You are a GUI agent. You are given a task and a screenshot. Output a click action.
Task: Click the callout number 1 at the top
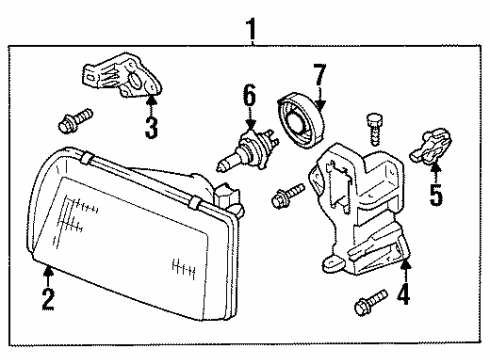click(x=251, y=29)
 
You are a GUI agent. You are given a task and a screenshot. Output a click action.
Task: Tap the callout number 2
click(x=48, y=299)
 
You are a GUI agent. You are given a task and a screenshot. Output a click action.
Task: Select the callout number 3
click(x=151, y=129)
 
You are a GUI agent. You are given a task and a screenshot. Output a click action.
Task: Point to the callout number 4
click(x=404, y=294)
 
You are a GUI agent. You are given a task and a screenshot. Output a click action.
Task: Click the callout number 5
click(x=436, y=194)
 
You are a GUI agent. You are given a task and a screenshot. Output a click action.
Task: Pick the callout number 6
click(x=249, y=95)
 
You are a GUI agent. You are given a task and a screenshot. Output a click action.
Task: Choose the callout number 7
click(x=319, y=75)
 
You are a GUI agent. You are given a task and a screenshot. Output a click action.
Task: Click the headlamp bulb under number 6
click(x=247, y=150)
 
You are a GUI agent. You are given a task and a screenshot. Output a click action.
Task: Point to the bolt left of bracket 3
click(x=75, y=120)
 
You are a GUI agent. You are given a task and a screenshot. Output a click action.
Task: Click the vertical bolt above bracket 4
click(x=375, y=129)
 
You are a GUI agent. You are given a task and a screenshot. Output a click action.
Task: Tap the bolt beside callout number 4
click(x=371, y=302)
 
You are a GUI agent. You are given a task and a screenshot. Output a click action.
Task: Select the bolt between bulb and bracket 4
click(x=288, y=196)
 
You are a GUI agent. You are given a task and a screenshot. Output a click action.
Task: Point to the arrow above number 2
click(x=48, y=276)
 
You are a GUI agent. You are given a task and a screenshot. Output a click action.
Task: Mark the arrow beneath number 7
click(x=320, y=99)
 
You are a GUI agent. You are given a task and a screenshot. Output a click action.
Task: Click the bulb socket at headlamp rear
click(x=229, y=197)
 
